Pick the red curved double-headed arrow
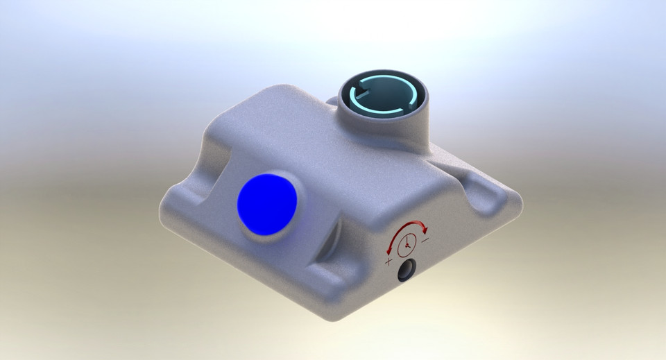coord(407,228)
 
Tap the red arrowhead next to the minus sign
coord(425,230)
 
